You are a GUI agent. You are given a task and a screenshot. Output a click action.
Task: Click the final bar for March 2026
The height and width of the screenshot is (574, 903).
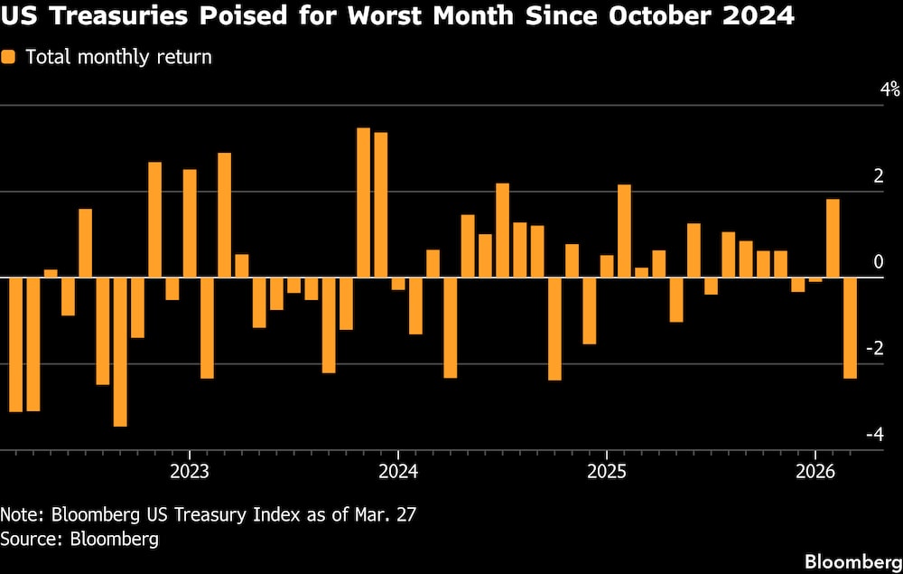[850, 327]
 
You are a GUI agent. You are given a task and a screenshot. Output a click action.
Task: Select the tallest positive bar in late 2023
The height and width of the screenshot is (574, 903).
[363, 202]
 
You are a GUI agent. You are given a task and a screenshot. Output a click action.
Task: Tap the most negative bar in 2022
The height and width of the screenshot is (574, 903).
[120, 352]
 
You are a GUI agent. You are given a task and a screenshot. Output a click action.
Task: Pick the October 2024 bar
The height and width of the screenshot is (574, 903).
[554, 328]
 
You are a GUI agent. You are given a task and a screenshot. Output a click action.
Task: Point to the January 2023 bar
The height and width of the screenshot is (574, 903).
[190, 223]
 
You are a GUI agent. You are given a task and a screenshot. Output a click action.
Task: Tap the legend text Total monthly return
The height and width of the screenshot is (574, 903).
[118, 57]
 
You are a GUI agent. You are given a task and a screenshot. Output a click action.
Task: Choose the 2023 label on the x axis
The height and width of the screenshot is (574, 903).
[189, 471]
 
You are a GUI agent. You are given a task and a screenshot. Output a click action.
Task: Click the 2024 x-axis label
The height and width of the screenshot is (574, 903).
[397, 471]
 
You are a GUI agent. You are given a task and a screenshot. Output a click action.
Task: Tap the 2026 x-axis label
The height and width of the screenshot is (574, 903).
[815, 471]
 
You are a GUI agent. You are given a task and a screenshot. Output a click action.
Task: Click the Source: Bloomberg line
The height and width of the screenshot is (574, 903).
[79, 540]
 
